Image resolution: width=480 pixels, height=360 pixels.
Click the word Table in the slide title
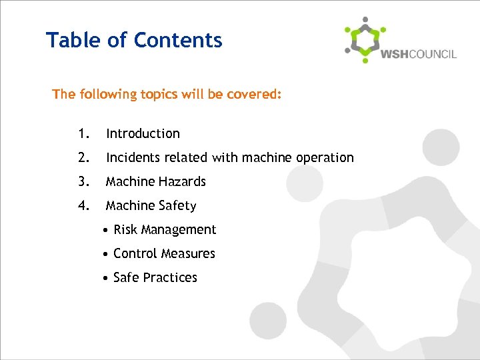click(x=69, y=40)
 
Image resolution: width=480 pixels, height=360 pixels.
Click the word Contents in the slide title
click(x=178, y=40)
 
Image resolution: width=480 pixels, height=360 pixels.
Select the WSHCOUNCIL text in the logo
click(x=419, y=54)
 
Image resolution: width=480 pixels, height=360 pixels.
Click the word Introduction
click(x=143, y=134)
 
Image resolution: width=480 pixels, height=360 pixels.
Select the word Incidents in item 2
click(x=131, y=158)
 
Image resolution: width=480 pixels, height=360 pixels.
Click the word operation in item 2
click(x=326, y=158)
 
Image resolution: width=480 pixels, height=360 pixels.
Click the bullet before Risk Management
click(x=107, y=230)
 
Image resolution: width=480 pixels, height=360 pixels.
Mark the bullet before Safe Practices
click(x=107, y=278)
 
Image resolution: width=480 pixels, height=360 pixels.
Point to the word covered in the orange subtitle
click(x=255, y=95)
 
